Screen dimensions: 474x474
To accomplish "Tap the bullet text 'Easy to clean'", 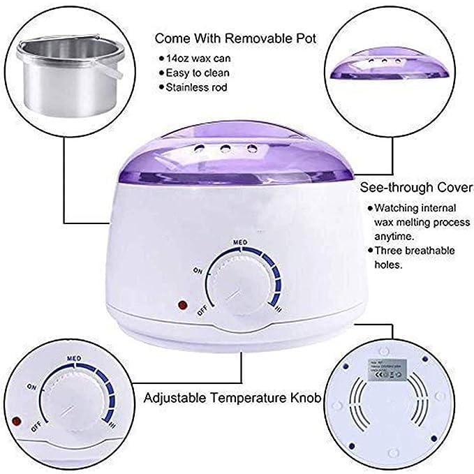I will pyautogui.click(x=198, y=73).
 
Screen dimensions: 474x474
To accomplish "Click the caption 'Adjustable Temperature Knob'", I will pyautogui.click(x=232, y=399).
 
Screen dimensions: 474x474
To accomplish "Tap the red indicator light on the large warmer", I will pyautogui.click(x=184, y=305).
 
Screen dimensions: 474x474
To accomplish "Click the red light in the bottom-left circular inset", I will pyautogui.click(x=16, y=420).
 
